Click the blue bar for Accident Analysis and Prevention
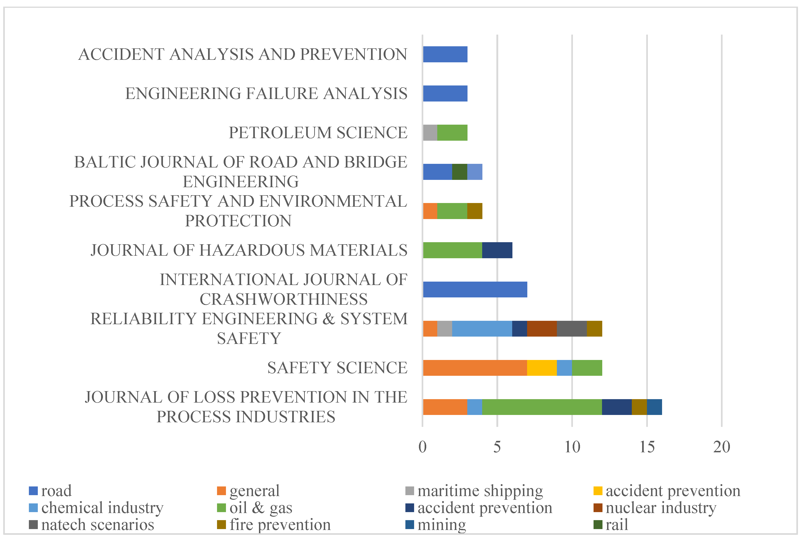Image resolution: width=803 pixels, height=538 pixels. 445,54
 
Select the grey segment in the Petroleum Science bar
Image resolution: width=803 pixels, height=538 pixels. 430,132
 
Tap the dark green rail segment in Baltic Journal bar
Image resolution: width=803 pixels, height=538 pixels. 459,172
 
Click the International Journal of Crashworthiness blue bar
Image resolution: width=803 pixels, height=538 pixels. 475,289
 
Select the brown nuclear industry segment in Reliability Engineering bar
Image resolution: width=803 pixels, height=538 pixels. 542,329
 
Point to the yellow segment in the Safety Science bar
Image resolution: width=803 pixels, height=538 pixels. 542,368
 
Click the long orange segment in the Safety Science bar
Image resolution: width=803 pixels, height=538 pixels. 475,368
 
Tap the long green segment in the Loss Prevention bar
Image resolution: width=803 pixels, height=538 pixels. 542,407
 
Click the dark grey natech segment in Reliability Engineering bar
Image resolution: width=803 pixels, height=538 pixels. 572,329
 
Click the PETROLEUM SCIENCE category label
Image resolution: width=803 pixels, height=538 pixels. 318,132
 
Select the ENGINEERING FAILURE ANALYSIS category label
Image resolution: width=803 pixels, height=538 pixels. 266,93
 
